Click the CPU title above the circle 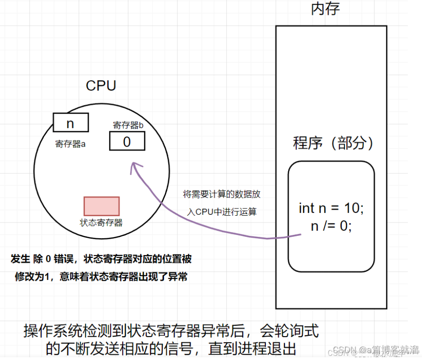(x=101, y=86)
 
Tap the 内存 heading (x=325, y=9)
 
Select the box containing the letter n (x=71, y=123)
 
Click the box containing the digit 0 (x=127, y=141)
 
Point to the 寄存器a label (x=71, y=144)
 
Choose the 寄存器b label (x=129, y=125)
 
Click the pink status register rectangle (x=101, y=206)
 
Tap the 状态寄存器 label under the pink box (x=101, y=223)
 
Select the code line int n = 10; (x=331, y=208)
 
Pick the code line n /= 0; (x=331, y=226)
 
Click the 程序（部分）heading (x=334, y=143)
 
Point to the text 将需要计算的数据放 (x=221, y=194)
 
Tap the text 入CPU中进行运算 (x=222, y=211)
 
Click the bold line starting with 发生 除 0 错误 (x=101, y=259)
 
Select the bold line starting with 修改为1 (x=101, y=277)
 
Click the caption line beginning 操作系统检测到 (x=170, y=331)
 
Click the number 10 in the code (x=352, y=208)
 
